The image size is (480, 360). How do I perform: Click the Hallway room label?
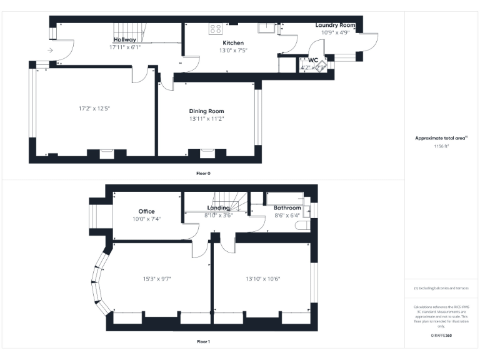[x=124, y=40]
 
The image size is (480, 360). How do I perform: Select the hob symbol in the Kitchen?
[x=215, y=28]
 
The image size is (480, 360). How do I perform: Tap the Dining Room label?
[x=206, y=111]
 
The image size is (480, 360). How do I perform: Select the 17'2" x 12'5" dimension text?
[x=94, y=108]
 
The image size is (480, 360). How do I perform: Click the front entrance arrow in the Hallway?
[x=49, y=50]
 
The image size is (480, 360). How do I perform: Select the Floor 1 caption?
[x=203, y=342]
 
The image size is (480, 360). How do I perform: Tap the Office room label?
[x=146, y=211]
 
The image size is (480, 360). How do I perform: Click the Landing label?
[x=218, y=207]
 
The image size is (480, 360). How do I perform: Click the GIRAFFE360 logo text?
[x=441, y=336]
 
